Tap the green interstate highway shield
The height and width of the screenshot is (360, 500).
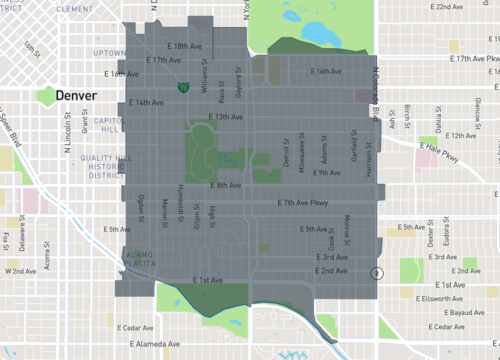click(183, 88)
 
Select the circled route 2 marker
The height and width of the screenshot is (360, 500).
click(376, 273)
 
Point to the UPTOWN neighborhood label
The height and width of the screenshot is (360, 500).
click(109, 52)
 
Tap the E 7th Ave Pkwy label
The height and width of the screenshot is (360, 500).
click(306, 204)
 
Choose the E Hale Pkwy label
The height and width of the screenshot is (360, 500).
click(444, 150)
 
